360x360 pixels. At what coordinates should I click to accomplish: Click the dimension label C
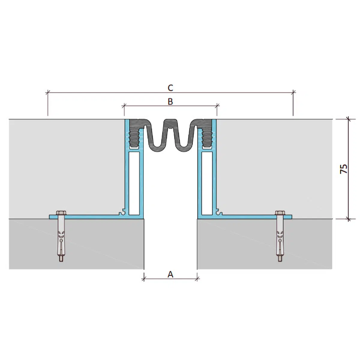click(x=170, y=88)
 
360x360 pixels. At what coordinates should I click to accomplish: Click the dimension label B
click(x=170, y=102)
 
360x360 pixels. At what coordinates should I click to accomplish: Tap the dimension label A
click(x=170, y=274)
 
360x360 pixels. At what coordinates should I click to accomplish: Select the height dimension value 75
click(x=344, y=169)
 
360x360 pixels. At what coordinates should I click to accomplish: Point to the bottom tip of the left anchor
click(x=61, y=259)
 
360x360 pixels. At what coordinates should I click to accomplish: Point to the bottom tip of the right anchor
click(x=280, y=259)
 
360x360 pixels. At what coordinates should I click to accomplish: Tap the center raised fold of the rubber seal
click(x=170, y=126)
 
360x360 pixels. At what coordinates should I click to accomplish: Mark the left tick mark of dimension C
click(x=47, y=92)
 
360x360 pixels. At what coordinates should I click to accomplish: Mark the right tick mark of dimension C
click(x=293, y=92)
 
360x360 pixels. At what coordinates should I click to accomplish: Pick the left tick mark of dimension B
click(x=124, y=105)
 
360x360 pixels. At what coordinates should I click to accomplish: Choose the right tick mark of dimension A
click(x=197, y=279)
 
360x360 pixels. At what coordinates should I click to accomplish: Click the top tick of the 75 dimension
click(x=348, y=119)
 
